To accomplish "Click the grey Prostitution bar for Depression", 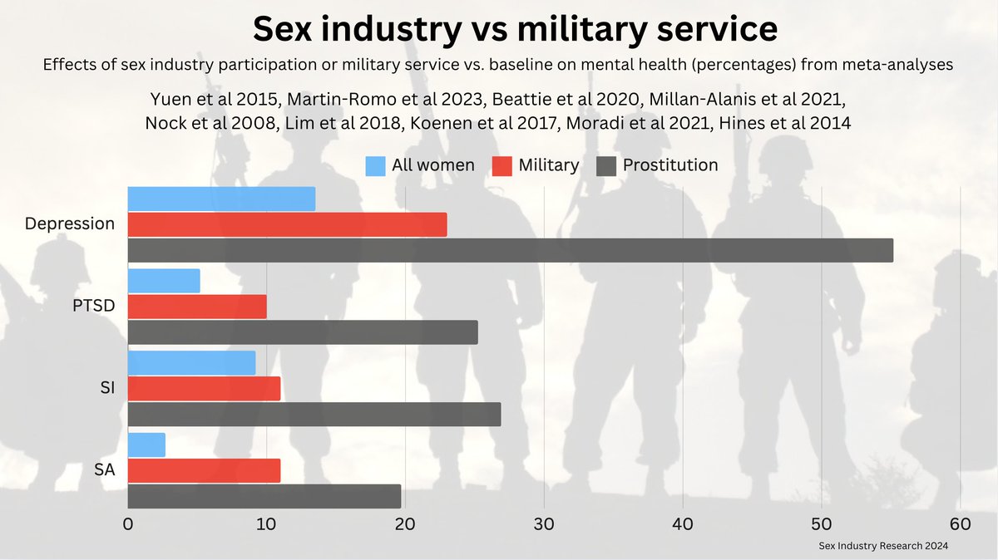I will (x=510, y=250).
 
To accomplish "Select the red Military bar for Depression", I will (x=287, y=224).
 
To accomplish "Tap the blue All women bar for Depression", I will (x=221, y=199).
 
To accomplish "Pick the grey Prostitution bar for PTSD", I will (x=303, y=332).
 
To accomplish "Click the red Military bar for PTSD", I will (x=197, y=307).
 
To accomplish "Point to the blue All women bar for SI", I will (x=191, y=362).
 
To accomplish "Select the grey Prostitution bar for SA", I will (x=264, y=496).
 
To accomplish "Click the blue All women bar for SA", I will (x=146, y=445).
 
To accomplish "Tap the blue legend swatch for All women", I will (x=375, y=165).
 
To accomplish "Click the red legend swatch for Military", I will (x=501, y=165).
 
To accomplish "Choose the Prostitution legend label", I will (x=669, y=165).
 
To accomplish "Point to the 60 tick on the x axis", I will (x=960, y=525).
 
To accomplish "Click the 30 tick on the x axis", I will (x=544, y=525).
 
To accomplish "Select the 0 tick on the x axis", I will (x=128, y=525).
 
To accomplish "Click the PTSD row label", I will (x=92, y=306).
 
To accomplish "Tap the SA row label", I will (x=104, y=470).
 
